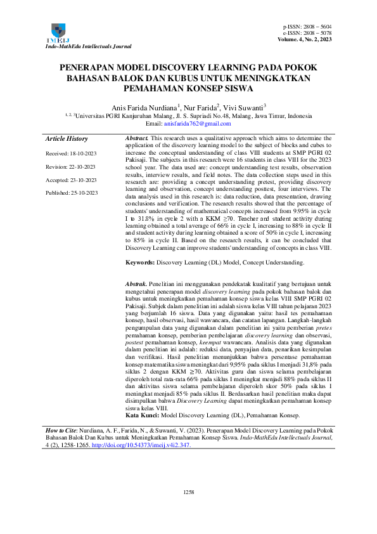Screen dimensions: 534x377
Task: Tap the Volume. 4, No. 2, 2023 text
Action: click(x=305, y=39)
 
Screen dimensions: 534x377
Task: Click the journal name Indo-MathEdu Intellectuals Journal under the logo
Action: click(x=89, y=46)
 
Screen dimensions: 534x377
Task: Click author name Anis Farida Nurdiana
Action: click(x=144, y=107)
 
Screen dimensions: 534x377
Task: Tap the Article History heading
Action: click(x=67, y=139)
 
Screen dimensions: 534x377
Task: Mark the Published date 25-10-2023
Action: click(x=71, y=192)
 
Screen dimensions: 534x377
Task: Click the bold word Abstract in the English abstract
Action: click(x=137, y=138)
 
